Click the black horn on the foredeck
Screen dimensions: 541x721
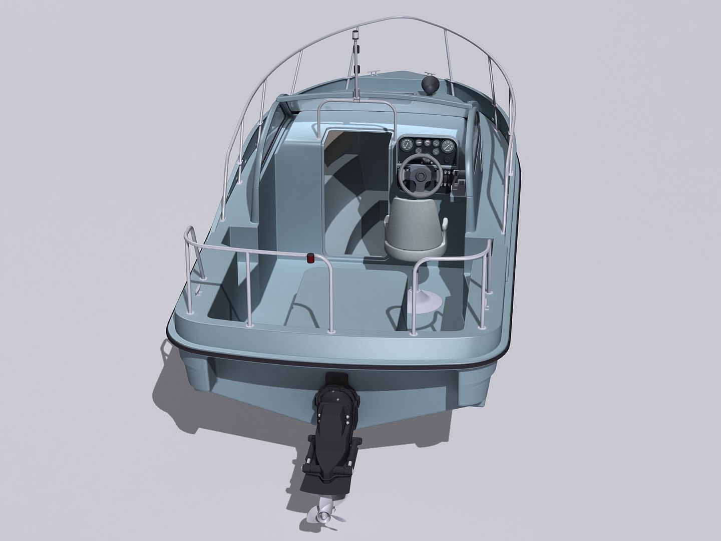pyautogui.click(x=429, y=83)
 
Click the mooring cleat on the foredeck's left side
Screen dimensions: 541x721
pyautogui.click(x=373, y=73)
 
